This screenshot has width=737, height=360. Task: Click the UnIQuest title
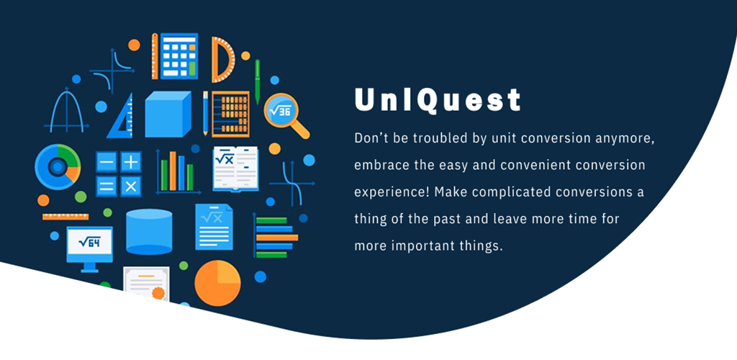pyautogui.click(x=438, y=99)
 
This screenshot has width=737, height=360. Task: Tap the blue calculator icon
pyautogui.click(x=178, y=56)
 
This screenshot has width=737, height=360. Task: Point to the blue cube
pyautogui.click(x=168, y=114)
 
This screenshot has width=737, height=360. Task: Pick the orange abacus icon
pyautogui.click(x=230, y=114)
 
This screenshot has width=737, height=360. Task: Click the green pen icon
pyautogui.click(x=257, y=82)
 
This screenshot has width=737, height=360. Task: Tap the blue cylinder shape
pyautogui.click(x=149, y=232)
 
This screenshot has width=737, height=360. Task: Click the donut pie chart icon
pyautogui.click(x=58, y=167)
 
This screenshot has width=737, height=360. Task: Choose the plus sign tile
pyautogui.click(x=131, y=162)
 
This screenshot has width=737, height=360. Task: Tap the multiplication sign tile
pyautogui.click(x=131, y=186)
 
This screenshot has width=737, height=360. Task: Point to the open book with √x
pyautogui.click(x=235, y=168)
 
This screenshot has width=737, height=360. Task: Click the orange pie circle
pyautogui.click(x=217, y=284)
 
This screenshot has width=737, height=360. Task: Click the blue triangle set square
pyautogui.click(x=120, y=116)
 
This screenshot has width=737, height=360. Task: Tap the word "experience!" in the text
pyautogui.click(x=392, y=193)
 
